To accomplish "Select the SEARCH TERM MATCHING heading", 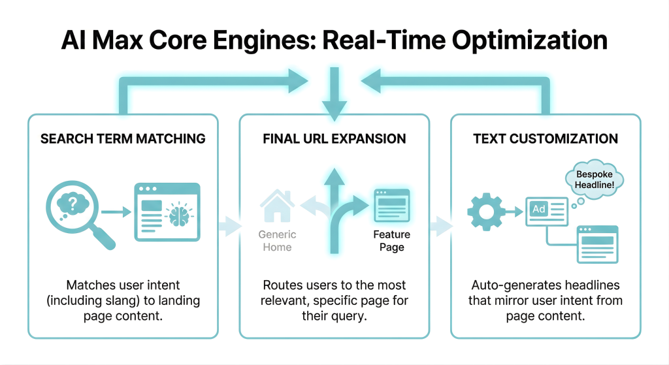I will tap(123, 138).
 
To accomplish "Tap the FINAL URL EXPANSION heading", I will tap(334, 138).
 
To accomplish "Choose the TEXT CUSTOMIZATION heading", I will tap(546, 138).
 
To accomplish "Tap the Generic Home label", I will tap(277, 240).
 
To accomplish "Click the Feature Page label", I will tap(391, 240).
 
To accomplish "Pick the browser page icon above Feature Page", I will tap(391, 206).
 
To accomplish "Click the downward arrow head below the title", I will tap(334, 111).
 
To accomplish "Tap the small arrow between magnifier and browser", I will tap(116, 211).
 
